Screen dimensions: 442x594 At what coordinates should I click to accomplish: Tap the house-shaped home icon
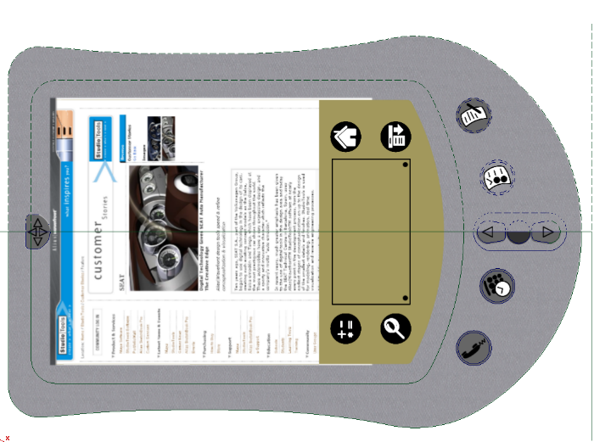coord(345,136)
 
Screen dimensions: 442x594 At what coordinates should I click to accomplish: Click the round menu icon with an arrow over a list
coord(395,136)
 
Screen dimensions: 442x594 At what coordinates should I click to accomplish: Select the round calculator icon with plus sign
coord(346,328)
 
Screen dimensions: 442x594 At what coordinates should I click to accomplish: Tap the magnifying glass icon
coord(395,328)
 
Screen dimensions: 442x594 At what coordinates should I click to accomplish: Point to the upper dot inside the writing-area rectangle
coord(406,165)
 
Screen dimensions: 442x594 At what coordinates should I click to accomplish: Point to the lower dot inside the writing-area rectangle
coord(406,298)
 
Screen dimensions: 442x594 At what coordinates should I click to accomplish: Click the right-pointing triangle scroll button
coord(548,232)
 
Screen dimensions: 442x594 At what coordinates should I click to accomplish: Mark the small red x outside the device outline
coord(8,437)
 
